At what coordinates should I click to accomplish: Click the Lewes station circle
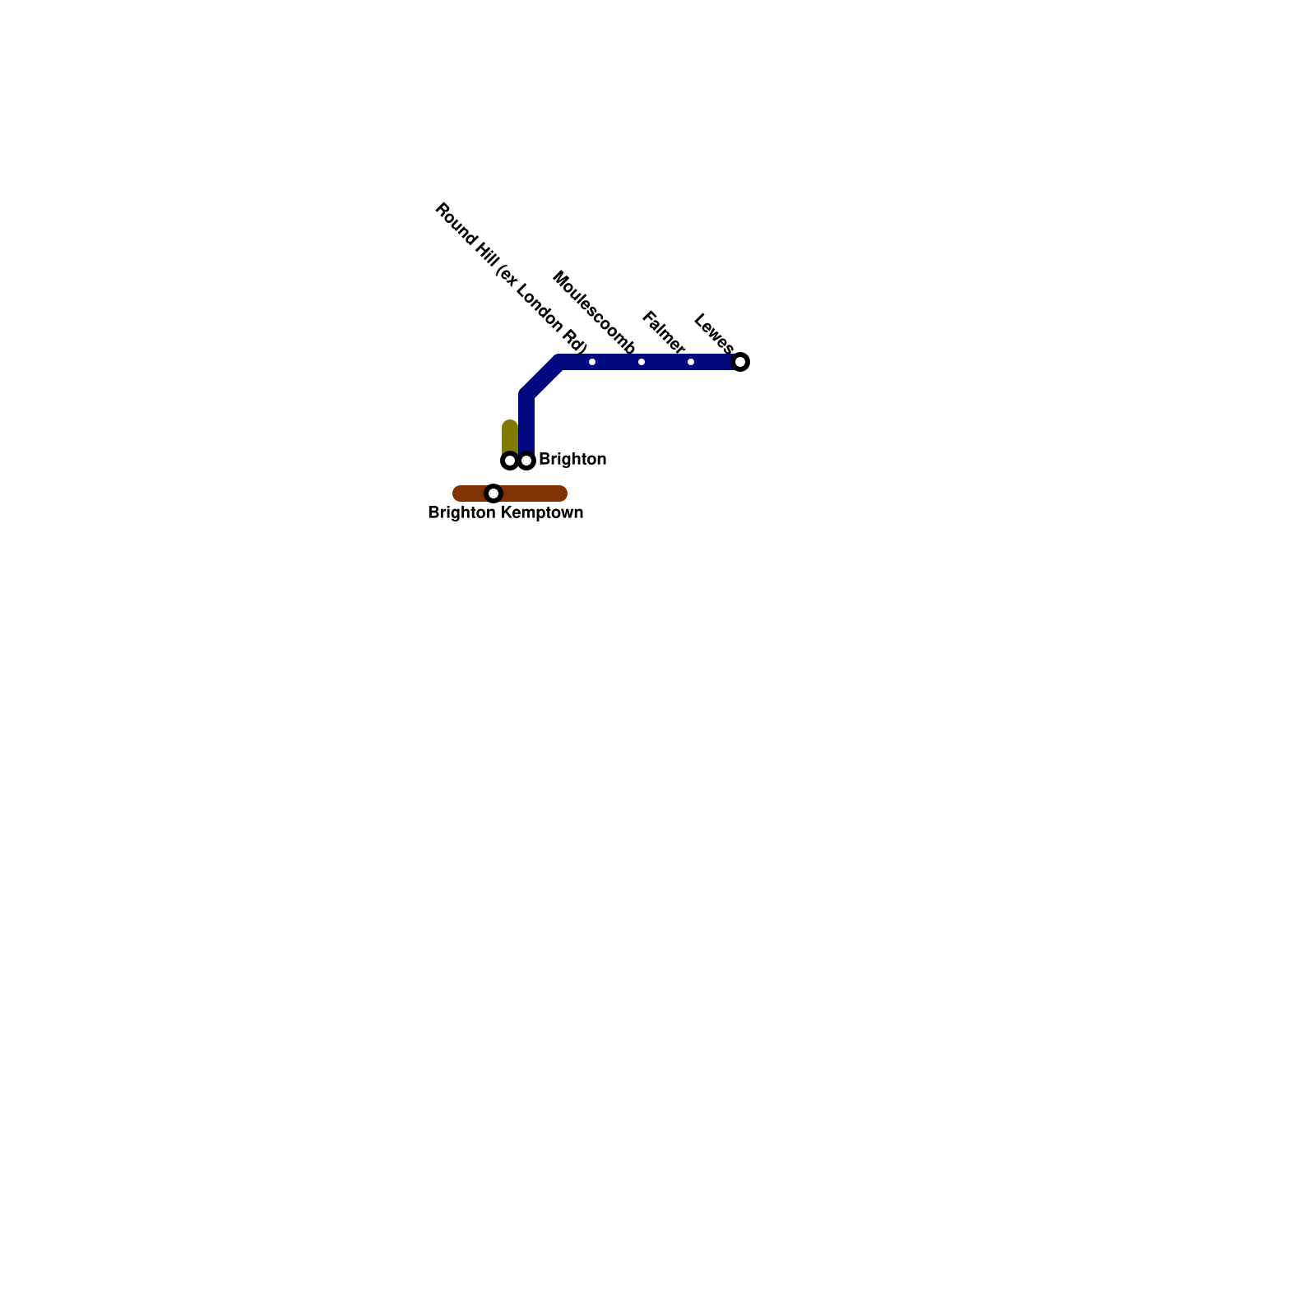(x=740, y=362)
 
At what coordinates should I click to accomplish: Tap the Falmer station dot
(x=691, y=362)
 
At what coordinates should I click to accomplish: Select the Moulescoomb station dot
(x=642, y=362)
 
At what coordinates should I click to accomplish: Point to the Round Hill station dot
(x=592, y=362)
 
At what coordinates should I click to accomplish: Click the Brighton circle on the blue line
(x=526, y=461)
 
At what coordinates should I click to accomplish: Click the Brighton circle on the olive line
(x=510, y=461)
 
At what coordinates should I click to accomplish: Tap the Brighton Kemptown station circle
(x=493, y=493)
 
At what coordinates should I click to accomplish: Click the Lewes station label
(x=713, y=332)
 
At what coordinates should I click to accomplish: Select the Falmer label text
(x=663, y=331)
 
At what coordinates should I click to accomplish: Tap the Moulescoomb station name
(x=594, y=312)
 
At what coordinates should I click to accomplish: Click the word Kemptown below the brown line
(x=542, y=513)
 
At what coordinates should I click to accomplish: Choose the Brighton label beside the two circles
(x=572, y=459)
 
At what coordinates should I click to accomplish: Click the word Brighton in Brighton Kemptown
(x=461, y=513)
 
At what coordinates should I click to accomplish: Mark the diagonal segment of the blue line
(x=543, y=378)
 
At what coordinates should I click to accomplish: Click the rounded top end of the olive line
(x=510, y=425)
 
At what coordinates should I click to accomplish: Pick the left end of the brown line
(x=458, y=493)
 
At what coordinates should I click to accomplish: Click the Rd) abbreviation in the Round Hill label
(x=574, y=344)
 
